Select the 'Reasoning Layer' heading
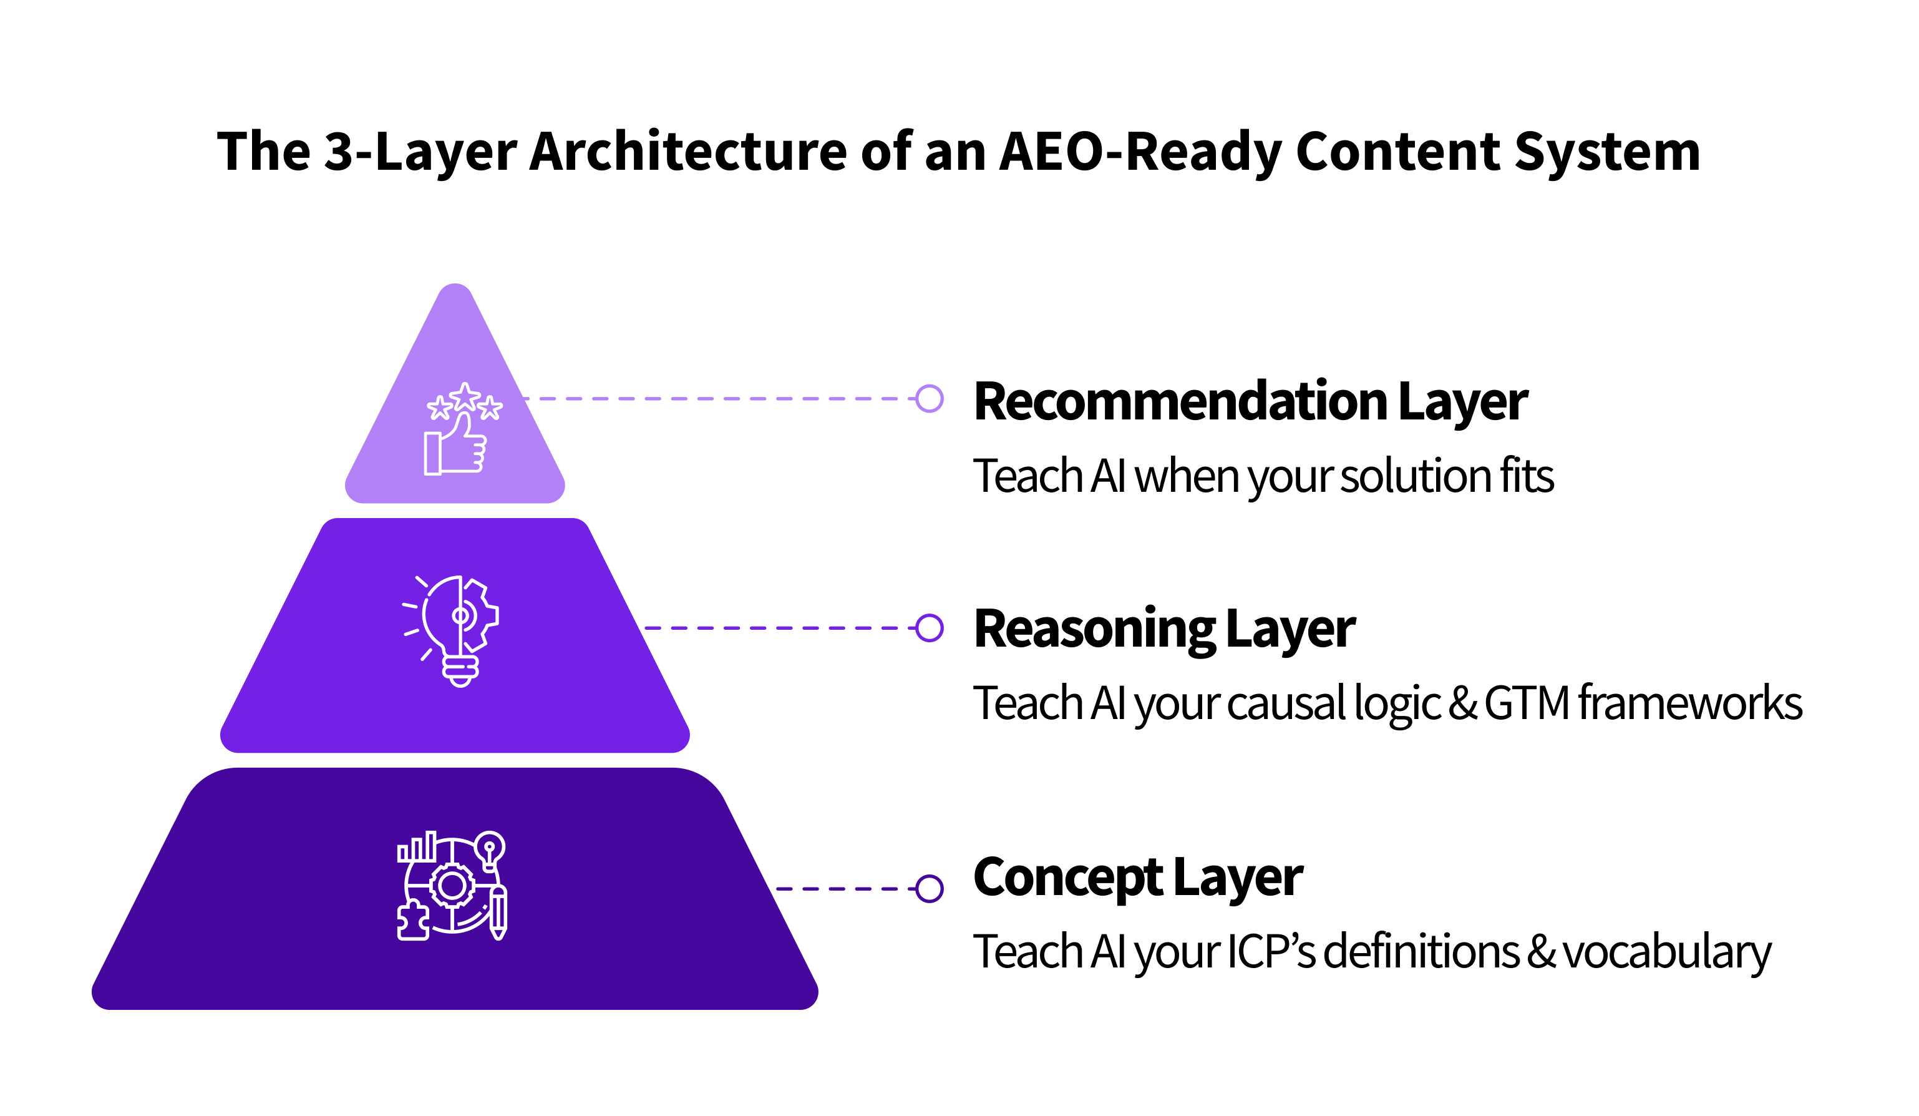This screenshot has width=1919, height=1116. point(1164,629)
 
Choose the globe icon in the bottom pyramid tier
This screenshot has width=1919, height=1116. point(452,885)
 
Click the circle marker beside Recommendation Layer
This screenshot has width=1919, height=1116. point(929,398)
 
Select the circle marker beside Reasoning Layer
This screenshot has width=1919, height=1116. point(929,629)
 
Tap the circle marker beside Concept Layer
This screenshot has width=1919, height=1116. point(929,888)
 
